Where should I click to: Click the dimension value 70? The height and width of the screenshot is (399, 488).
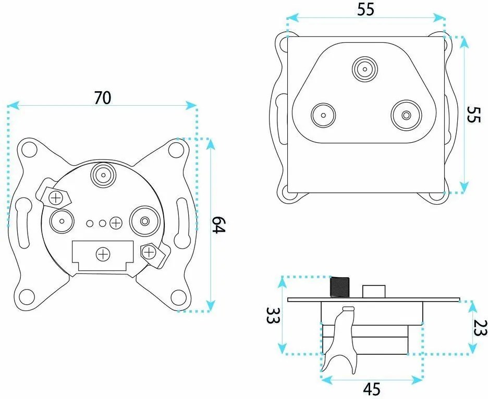tap(102, 97)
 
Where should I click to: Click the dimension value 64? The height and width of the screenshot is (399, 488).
tap(218, 225)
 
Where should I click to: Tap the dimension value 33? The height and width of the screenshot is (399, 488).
tap(273, 315)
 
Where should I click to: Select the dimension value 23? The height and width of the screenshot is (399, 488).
tap(480, 328)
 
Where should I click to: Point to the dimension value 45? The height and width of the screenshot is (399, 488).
tap(372, 389)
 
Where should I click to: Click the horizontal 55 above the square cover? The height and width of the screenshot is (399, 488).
tap(365, 10)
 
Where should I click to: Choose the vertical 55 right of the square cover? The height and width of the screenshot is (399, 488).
tap(474, 115)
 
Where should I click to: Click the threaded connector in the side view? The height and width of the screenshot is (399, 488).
tap(340, 286)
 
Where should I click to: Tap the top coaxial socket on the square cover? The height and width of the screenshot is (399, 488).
tap(365, 69)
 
